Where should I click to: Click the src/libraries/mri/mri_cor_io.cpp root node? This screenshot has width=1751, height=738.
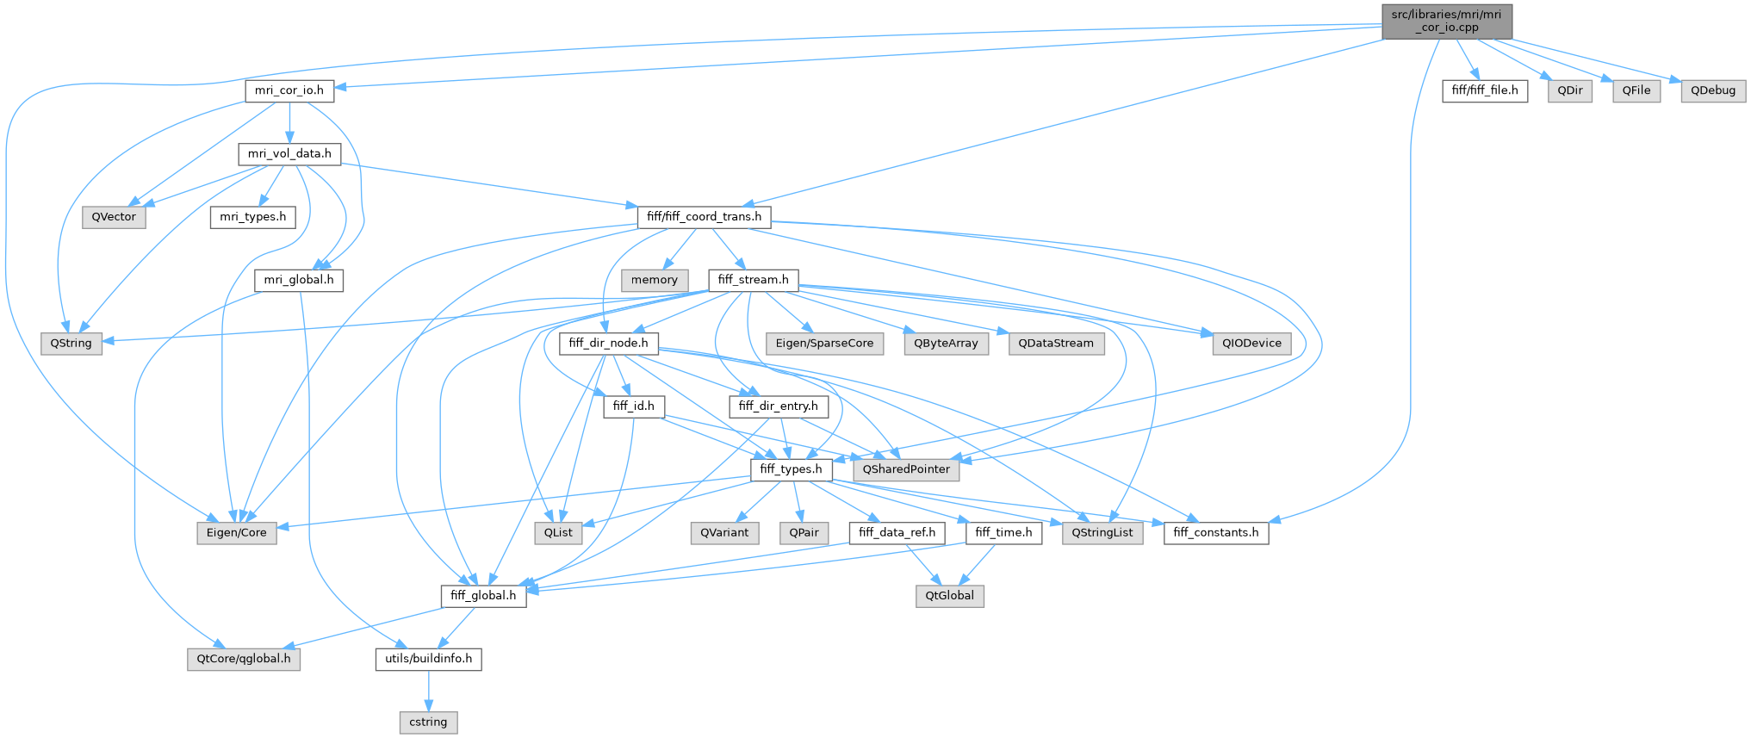pyautogui.click(x=1446, y=21)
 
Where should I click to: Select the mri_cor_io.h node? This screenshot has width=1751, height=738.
pyautogui.click(x=289, y=90)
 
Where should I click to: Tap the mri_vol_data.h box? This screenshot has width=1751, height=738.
pyautogui.click(x=289, y=154)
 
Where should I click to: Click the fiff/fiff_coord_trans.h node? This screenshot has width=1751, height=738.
pyautogui.click(x=704, y=217)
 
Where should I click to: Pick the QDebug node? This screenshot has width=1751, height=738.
pyautogui.click(x=1712, y=90)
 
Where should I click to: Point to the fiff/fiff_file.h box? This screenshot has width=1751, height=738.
pyautogui.click(x=1485, y=90)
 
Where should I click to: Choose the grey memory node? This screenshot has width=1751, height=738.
pyautogui.click(x=654, y=280)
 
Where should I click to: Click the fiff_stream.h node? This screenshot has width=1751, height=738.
pyautogui.click(x=753, y=280)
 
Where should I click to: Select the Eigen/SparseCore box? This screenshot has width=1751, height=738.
pyautogui.click(x=824, y=344)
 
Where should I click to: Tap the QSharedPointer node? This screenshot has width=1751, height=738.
pyautogui.click(x=906, y=469)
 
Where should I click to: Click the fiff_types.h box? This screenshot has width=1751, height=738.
pyautogui.click(x=791, y=469)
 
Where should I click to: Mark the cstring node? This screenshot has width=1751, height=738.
pyautogui.click(x=428, y=722)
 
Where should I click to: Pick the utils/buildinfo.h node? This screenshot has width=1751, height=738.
pyautogui.click(x=428, y=659)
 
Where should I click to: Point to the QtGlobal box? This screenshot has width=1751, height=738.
pyautogui.click(x=950, y=596)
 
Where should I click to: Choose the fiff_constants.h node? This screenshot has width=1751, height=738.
pyautogui.click(x=1215, y=533)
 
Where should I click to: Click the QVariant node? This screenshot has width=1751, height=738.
pyautogui.click(x=724, y=533)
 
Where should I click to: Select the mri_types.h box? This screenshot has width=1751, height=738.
pyautogui.click(x=252, y=217)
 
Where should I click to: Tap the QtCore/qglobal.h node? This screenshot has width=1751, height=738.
pyautogui.click(x=244, y=659)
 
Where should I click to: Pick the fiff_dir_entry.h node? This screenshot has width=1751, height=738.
pyautogui.click(x=778, y=406)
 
